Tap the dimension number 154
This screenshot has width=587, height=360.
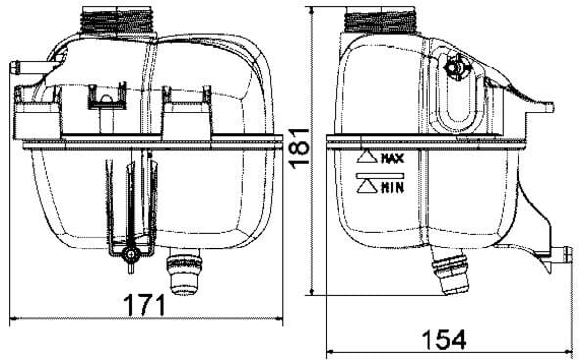[443, 338]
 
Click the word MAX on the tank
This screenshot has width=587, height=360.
[393, 157]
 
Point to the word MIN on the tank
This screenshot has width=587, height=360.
[393, 186]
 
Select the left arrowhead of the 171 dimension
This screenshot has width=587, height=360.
[14, 319]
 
